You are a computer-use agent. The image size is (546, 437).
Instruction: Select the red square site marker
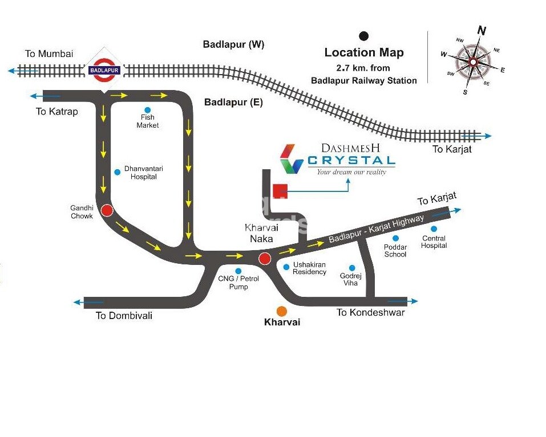tap(280, 191)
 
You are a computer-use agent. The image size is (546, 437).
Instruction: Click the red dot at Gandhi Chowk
tap(107, 211)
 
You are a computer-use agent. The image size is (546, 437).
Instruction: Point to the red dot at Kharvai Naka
tap(264, 260)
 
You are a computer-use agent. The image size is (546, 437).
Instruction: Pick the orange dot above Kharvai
tap(281, 311)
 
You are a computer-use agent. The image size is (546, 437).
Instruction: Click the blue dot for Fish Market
tap(148, 110)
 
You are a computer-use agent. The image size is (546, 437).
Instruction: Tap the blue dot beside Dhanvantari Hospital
tap(117, 171)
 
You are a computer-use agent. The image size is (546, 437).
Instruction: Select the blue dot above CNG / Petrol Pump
tap(238, 271)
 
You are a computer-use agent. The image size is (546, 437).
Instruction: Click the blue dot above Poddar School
tap(395, 238)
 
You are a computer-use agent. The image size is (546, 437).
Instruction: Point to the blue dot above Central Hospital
tap(433, 230)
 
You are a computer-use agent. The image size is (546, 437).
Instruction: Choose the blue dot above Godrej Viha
tap(352, 268)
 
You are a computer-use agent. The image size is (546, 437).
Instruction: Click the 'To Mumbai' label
tap(49, 54)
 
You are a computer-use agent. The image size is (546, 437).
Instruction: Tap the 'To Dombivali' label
tap(124, 315)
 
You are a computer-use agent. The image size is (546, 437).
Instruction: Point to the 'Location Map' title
tap(364, 52)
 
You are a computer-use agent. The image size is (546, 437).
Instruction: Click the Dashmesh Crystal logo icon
tap(292, 159)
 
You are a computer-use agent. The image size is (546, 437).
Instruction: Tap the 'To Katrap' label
tap(56, 112)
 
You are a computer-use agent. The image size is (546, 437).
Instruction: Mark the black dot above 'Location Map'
tap(363, 36)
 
